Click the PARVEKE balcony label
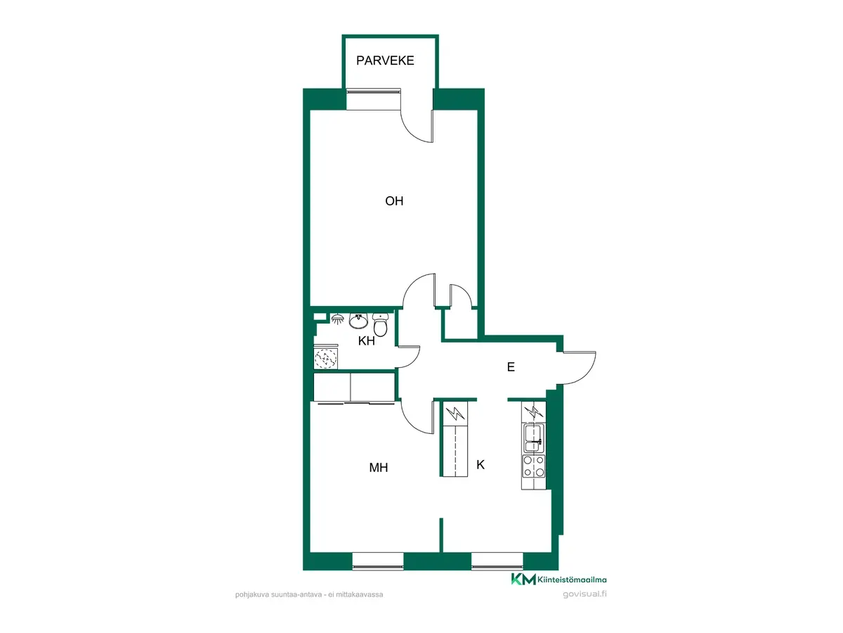click(385, 60)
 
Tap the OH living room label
click(394, 201)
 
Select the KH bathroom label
click(366, 341)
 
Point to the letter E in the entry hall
click(511, 367)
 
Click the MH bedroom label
click(378, 467)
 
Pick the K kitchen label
click(480, 465)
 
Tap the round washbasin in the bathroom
click(358, 321)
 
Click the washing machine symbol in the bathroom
click(326, 358)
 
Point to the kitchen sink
click(533, 438)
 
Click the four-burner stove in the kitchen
click(533, 466)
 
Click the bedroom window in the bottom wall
click(377, 561)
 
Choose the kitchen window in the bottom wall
click(497, 561)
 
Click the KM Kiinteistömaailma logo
click(558, 579)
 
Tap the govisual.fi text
click(584, 594)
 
